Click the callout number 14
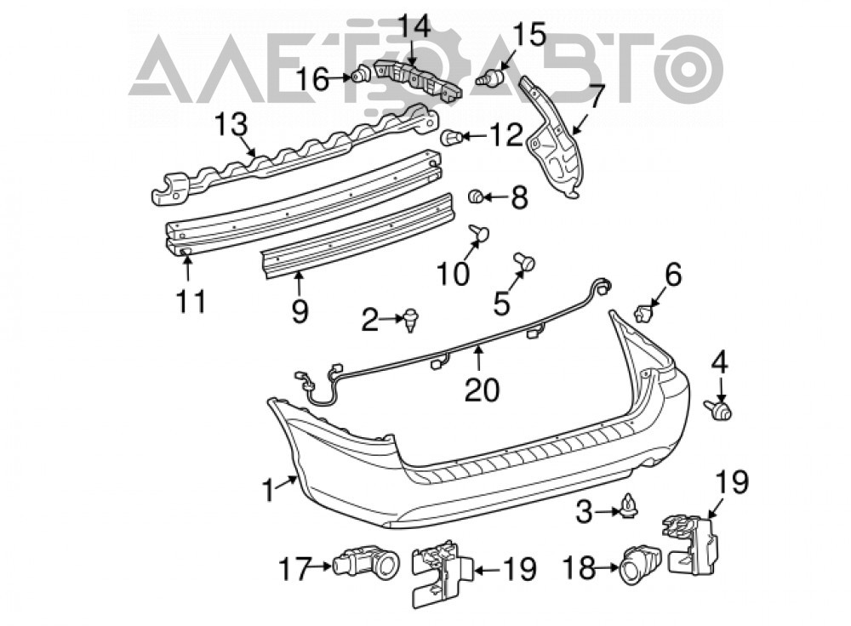pyautogui.click(x=416, y=26)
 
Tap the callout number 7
pyautogui.click(x=595, y=97)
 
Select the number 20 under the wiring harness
pyautogui.click(x=482, y=390)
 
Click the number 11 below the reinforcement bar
pyautogui.click(x=191, y=301)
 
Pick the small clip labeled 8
pyautogui.click(x=477, y=196)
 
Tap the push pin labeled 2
pyautogui.click(x=411, y=320)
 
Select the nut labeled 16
pyautogui.click(x=360, y=73)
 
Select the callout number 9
pyautogui.click(x=300, y=312)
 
